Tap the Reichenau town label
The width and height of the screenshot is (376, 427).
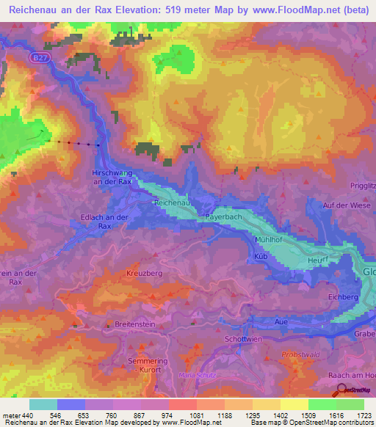point(173,201)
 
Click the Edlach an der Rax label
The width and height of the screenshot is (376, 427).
point(104,222)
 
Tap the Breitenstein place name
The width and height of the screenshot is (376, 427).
point(139,324)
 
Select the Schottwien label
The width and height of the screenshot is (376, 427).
point(243,339)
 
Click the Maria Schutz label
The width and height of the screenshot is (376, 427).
point(197,375)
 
